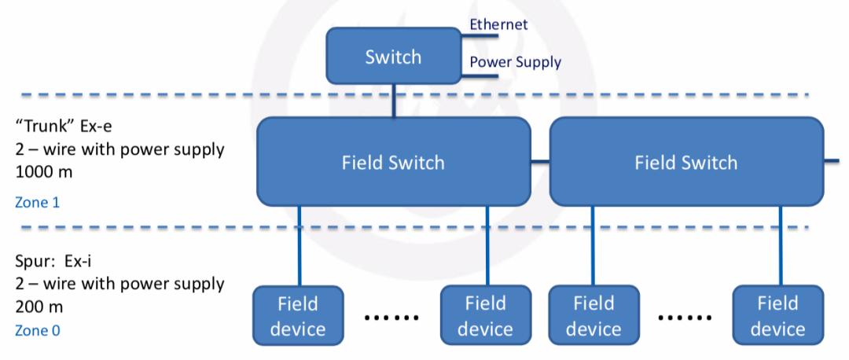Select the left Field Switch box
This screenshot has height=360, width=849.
pyautogui.click(x=393, y=163)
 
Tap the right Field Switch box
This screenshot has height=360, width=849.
pyautogui.click(x=686, y=163)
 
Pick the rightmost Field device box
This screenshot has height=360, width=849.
pyautogui.click(x=778, y=316)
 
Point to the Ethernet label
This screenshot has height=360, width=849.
pyautogui.click(x=498, y=24)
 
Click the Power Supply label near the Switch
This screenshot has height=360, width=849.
pyautogui.click(x=515, y=62)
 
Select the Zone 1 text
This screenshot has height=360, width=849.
pyautogui.click(x=36, y=203)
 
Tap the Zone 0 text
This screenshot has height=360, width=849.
pyautogui.click(x=36, y=331)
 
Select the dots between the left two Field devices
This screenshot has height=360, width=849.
pyautogui.click(x=390, y=318)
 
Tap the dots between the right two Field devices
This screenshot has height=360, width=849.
pyautogui.click(x=682, y=318)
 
